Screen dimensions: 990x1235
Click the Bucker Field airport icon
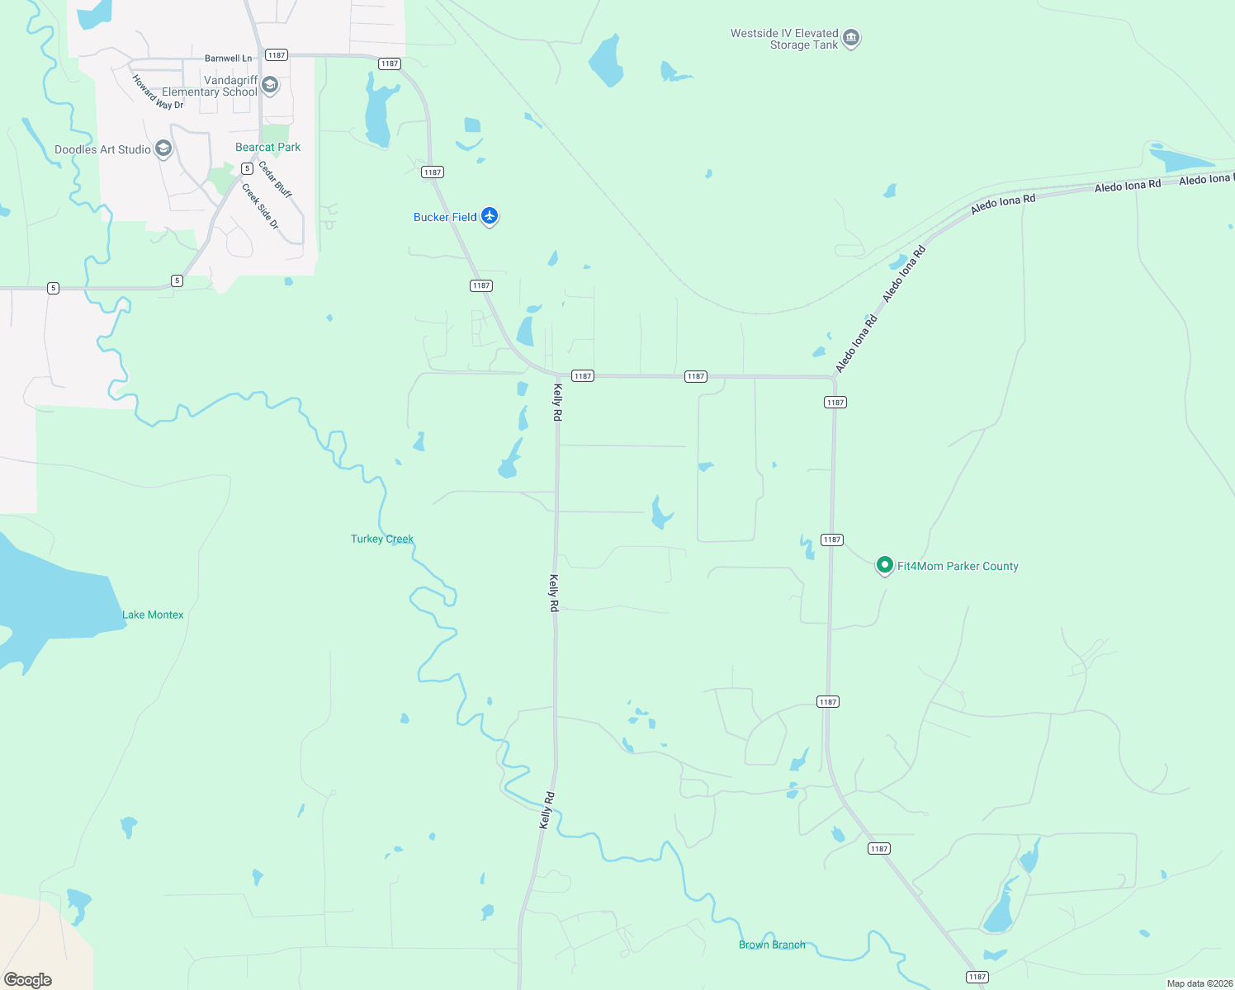coord(490,216)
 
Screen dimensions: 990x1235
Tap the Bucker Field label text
coord(445,217)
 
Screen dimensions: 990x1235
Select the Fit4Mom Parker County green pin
coord(884,565)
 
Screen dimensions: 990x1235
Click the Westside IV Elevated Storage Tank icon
coord(851,38)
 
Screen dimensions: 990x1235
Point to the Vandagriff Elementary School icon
coord(270,86)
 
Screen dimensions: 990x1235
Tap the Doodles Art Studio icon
coord(163,148)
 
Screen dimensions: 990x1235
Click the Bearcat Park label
coord(267,147)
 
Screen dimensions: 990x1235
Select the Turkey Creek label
coord(382,539)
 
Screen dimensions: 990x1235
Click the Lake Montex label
coord(153,615)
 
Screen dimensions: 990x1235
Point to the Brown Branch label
coord(772,945)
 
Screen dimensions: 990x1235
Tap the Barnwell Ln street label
coord(229,59)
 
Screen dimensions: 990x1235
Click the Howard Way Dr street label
coord(158,92)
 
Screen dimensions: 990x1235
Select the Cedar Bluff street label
coord(275,179)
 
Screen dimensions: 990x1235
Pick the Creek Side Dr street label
coord(261,206)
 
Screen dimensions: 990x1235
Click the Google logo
coord(28,979)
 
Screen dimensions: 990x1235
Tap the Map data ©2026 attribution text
coord(1200,983)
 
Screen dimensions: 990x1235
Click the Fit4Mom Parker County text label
coord(958,566)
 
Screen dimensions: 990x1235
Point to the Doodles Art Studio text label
coord(102,149)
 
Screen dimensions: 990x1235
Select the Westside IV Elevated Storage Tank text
coord(784,39)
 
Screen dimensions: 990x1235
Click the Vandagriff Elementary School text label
coord(210,86)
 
